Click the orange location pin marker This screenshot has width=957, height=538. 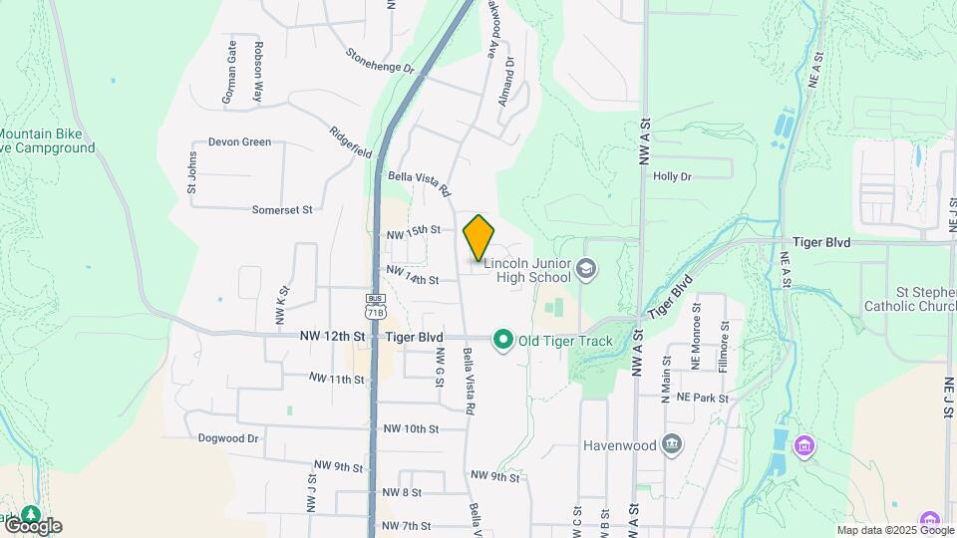click(479, 237)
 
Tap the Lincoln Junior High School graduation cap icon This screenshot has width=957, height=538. click(588, 268)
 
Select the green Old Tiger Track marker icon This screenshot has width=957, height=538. click(503, 341)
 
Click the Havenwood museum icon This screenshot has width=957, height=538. click(673, 443)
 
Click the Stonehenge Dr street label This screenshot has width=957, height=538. click(380, 61)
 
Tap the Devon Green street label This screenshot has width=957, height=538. click(239, 142)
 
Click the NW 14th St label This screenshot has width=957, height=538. click(412, 275)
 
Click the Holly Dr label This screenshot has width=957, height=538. click(672, 176)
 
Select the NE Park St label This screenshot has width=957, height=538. click(703, 398)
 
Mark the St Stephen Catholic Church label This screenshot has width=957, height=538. click(909, 300)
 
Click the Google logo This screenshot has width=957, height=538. click(32, 525)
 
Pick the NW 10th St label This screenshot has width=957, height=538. click(411, 429)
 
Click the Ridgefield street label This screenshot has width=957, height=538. click(351, 142)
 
